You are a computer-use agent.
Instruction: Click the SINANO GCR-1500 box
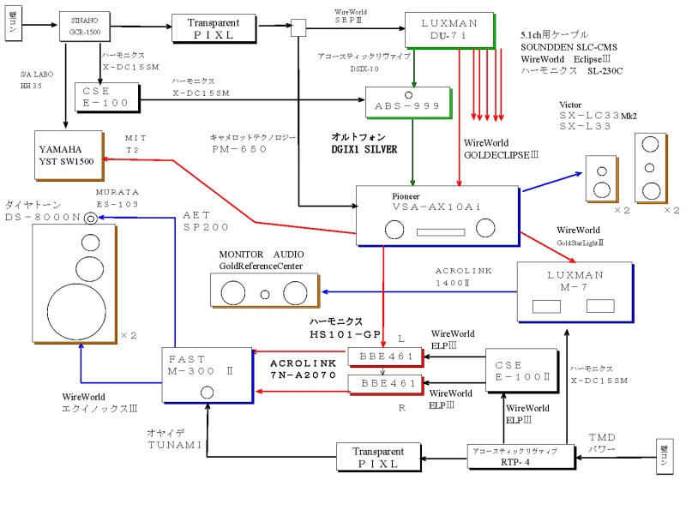82,27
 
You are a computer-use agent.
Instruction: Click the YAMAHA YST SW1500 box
66,154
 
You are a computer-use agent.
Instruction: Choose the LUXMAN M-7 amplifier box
575,292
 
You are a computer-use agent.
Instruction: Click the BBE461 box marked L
383,357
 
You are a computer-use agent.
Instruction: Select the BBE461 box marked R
383,382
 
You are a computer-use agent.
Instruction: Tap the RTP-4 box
514,454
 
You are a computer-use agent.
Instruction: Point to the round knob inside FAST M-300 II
207,393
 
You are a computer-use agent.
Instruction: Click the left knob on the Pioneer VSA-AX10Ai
395,229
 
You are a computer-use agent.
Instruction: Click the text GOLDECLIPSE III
500,155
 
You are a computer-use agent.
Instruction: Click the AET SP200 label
206,220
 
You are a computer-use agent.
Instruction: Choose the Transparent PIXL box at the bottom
377,456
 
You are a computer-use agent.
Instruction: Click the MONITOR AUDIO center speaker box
263,290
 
